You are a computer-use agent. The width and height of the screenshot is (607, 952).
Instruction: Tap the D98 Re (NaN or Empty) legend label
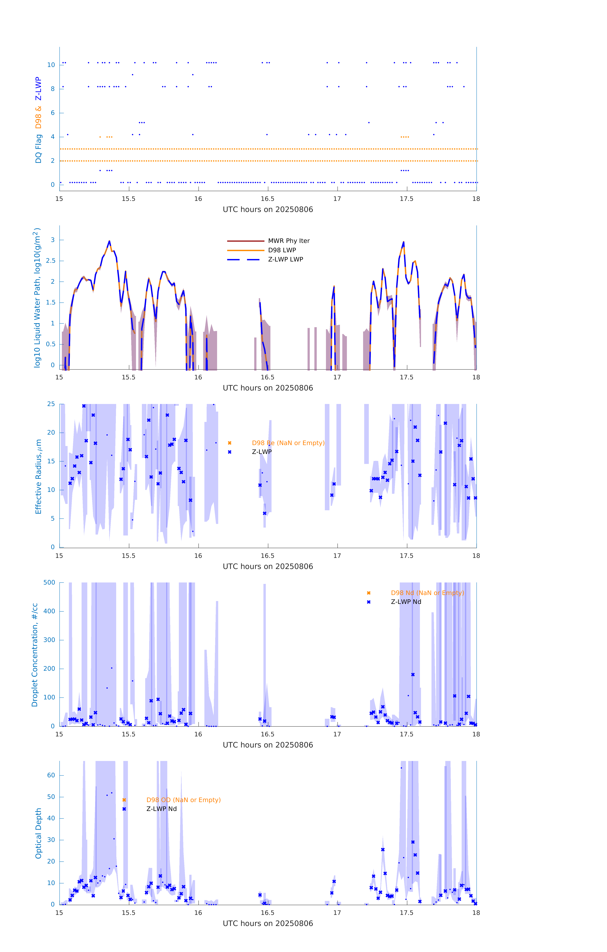pyautogui.click(x=288, y=443)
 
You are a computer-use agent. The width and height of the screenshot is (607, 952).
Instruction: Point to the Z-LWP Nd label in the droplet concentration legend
pyautogui.click(x=406, y=602)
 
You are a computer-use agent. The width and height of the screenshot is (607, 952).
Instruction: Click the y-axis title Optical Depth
pyautogui.click(x=38, y=833)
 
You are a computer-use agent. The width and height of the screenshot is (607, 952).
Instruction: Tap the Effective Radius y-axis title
pyautogui.click(x=38, y=476)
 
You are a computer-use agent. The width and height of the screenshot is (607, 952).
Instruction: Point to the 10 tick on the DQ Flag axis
pyautogui.click(x=51, y=65)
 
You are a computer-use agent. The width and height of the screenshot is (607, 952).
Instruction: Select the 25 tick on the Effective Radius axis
pyautogui.click(x=51, y=404)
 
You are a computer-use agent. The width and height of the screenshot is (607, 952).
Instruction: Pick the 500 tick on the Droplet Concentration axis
pyautogui.click(x=49, y=582)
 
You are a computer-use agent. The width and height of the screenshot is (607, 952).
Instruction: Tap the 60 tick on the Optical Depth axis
pyautogui.click(x=51, y=775)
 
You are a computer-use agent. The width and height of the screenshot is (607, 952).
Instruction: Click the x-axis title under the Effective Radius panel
pyautogui.click(x=268, y=567)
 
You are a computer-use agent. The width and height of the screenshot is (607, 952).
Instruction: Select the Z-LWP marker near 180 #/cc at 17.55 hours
pyautogui.click(x=413, y=674)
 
